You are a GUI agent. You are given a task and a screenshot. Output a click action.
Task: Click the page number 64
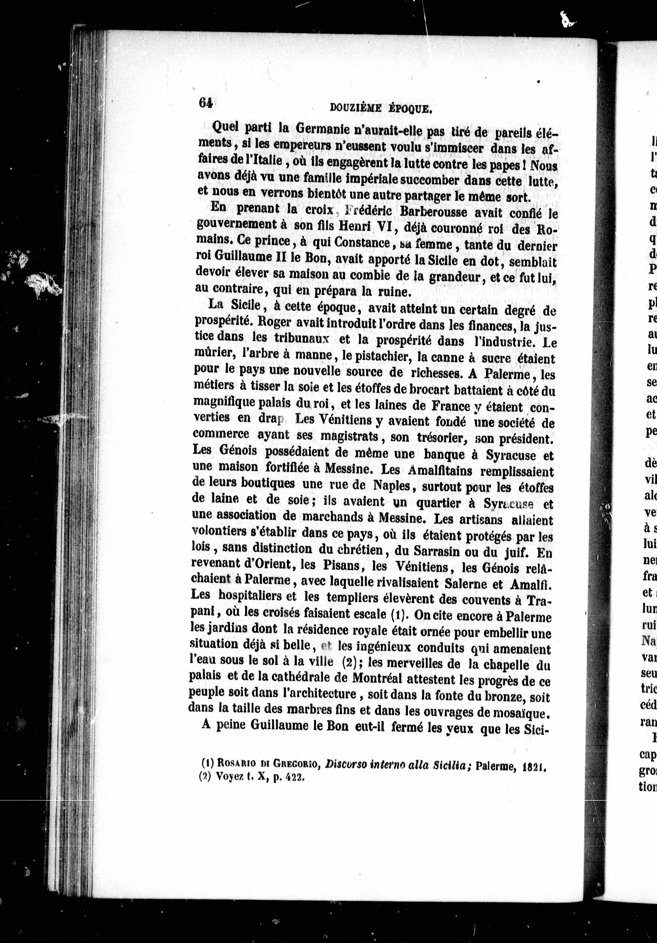tap(206, 102)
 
